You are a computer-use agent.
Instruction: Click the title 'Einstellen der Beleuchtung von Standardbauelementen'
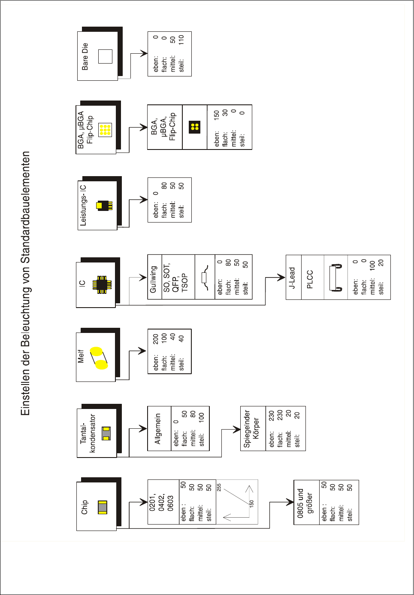tap(26, 284)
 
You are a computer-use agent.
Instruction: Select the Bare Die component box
tap(97, 56)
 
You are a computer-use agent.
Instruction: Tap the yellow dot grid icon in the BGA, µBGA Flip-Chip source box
tap(105, 130)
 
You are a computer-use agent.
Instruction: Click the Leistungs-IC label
tap(83, 205)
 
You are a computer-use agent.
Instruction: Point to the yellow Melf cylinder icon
tap(99, 358)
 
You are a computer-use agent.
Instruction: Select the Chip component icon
tap(102, 507)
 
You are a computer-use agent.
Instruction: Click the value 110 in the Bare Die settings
tap(181, 40)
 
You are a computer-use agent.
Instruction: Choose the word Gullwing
tap(153, 279)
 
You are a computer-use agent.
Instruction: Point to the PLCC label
tap(310, 279)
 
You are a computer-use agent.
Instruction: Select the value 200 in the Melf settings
tap(155, 339)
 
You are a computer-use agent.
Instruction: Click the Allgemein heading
tap(158, 428)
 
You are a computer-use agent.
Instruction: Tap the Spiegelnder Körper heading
tap(251, 428)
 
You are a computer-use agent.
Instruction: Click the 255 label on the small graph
tap(219, 487)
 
